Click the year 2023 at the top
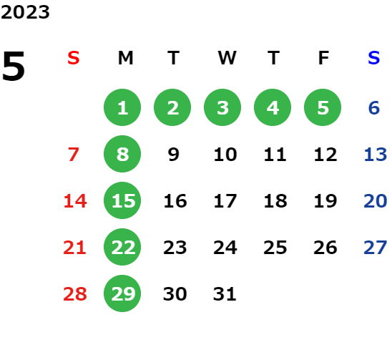[x=25, y=12]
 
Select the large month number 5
[x=14, y=66]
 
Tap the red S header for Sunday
[x=74, y=58]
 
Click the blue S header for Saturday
[x=374, y=58]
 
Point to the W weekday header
[x=227, y=58]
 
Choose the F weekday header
[x=323, y=58]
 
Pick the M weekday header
[x=125, y=58]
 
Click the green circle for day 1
[x=122, y=107]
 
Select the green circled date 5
[x=323, y=107]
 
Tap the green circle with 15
[x=122, y=200]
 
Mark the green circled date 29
[x=122, y=293]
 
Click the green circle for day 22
[x=122, y=247]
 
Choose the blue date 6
[x=374, y=108]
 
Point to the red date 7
[x=74, y=155]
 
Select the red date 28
[x=75, y=294]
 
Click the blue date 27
[x=376, y=248]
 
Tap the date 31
[x=225, y=294]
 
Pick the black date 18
[x=275, y=201]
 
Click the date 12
[x=325, y=155]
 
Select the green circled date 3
[x=222, y=107]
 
